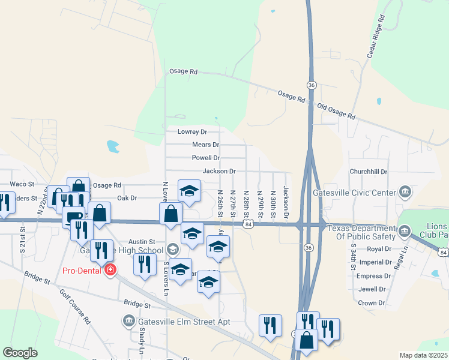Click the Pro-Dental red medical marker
coord(110,271)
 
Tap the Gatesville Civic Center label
coord(355,193)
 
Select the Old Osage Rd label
coord(336,111)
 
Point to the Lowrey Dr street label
coord(192,131)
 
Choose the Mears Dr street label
coord(205,145)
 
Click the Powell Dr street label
coord(205,158)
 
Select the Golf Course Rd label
coord(75,305)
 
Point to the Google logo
coord(20,353)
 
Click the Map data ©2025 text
coord(424,355)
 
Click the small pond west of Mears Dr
coord(113,146)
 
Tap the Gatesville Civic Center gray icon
coord(405,192)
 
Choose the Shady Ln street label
coord(142,343)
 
